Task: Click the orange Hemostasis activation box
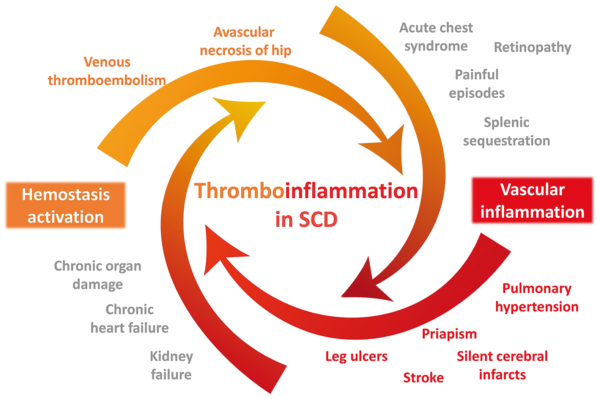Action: coord(66,205)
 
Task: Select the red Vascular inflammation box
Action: coord(532,200)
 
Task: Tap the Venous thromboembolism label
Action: coord(107,71)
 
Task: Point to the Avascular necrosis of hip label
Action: coord(245,41)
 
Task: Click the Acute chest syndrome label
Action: coord(436,37)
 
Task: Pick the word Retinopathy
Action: coord(532,47)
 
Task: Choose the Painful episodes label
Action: coord(477,84)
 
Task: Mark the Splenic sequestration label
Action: coord(506,132)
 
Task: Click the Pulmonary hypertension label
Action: coord(537,298)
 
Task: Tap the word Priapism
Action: coord(449,334)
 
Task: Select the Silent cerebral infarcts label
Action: coord(502,365)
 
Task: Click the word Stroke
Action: coord(423,378)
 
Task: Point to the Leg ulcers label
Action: coord(356,357)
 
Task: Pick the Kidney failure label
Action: coord(171,365)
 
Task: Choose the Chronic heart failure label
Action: coord(129,319)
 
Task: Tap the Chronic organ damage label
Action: coord(98,275)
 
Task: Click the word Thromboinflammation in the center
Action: coord(306,191)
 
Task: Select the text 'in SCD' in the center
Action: coord(306,220)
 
